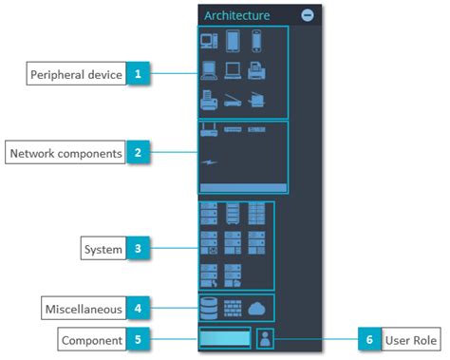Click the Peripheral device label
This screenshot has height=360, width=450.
click(x=76, y=73)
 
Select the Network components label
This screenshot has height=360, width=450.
click(x=66, y=152)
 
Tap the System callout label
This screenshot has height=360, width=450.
click(x=103, y=250)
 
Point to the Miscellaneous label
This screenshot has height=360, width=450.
click(x=83, y=309)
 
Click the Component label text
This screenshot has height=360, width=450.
click(x=91, y=339)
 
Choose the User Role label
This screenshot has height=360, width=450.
click(x=410, y=339)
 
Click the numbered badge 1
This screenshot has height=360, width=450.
click(x=139, y=73)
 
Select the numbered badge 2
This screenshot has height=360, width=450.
click(x=139, y=152)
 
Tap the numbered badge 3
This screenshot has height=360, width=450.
click(x=139, y=250)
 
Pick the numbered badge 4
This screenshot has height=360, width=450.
click(x=139, y=309)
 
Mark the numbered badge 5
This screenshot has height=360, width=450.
click(x=139, y=339)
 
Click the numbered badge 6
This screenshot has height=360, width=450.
click(x=368, y=339)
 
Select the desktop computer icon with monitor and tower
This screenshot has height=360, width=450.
click(x=208, y=41)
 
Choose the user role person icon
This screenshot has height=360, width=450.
click(x=267, y=339)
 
